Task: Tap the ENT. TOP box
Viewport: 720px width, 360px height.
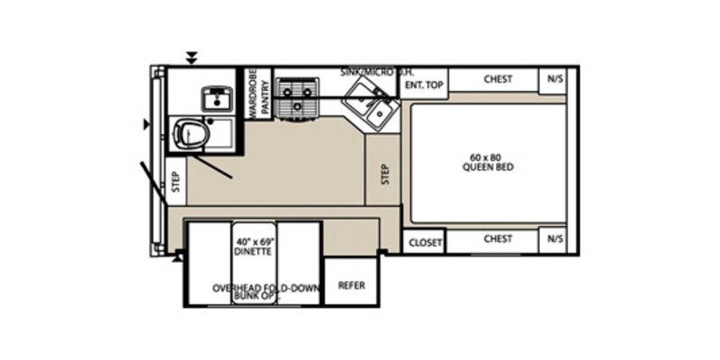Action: (x=423, y=84)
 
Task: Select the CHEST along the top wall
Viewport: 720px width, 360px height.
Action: (x=498, y=79)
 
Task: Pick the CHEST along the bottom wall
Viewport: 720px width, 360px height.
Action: (x=498, y=239)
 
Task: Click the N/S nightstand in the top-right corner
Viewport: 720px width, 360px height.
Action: (x=553, y=79)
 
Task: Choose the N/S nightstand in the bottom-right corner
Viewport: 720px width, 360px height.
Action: (x=553, y=239)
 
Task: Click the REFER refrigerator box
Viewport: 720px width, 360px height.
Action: (x=351, y=285)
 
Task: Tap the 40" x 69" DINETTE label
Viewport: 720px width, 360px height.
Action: (x=254, y=247)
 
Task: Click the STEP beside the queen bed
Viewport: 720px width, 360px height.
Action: (x=383, y=173)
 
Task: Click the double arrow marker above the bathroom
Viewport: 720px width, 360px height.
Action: (x=191, y=58)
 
